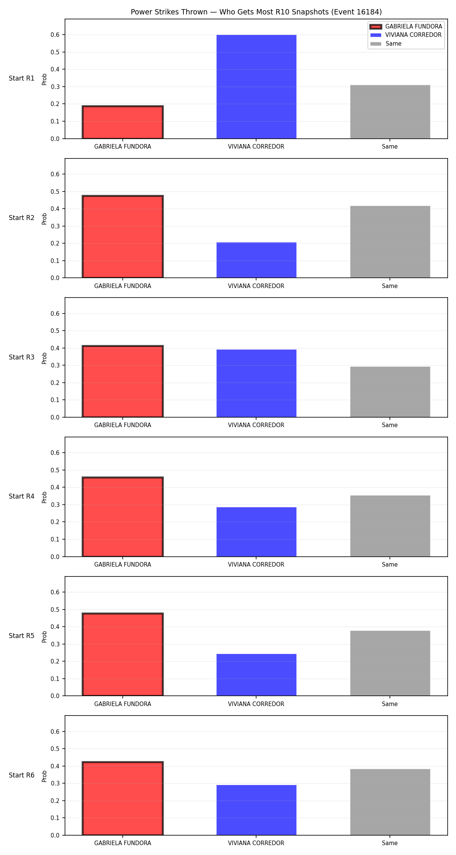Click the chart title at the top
pos(256,12)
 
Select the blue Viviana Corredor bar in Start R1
pos(256,87)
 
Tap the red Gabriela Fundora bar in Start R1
pos(123,122)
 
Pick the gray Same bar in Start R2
pos(390,242)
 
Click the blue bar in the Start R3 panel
pos(256,383)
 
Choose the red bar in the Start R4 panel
pos(123,517)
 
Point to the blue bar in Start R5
pos(256,675)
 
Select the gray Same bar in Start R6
pos(390,802)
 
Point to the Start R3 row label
pos(22,357)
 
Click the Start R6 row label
pos(22,775)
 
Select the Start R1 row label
pos(22,78)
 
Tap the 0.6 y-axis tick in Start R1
pos(55,35)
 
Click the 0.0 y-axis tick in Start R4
pos(55,557)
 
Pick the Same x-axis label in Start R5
pos(390,704)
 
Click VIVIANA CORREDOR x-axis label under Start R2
pos(256,286)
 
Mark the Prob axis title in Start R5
pos(44,636)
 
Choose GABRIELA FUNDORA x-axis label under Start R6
pos(123,843)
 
